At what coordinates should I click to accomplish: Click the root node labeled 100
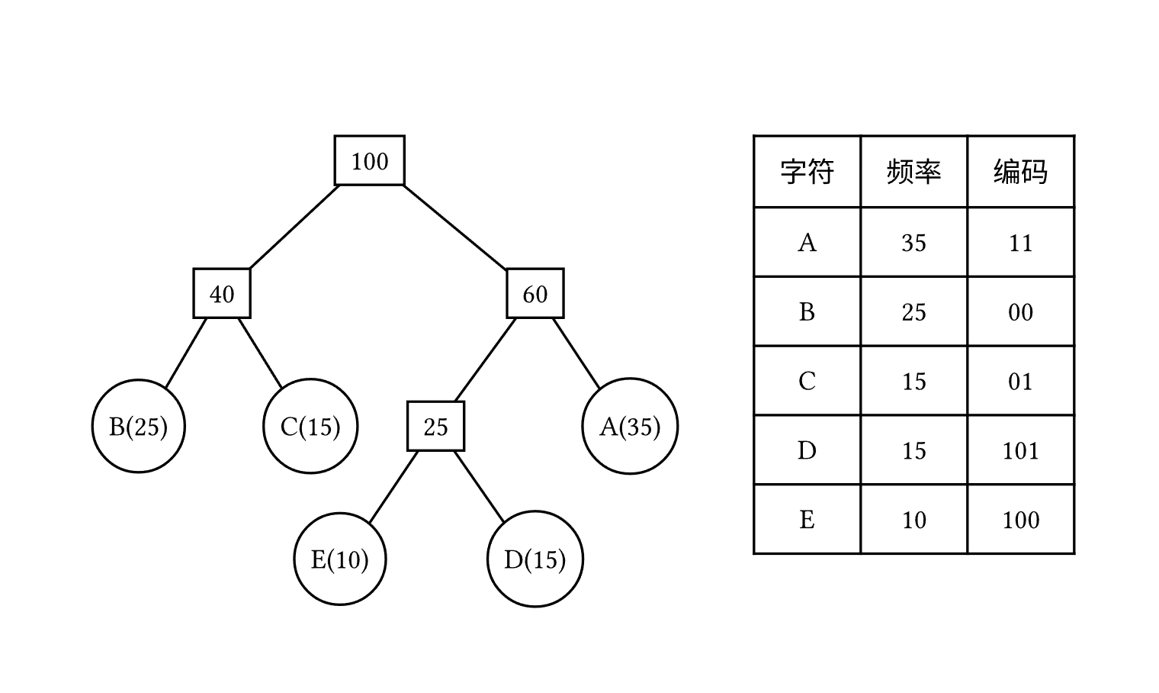370,161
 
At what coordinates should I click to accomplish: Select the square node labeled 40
222,294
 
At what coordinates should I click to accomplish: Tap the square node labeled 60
535,294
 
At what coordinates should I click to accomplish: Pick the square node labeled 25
435,427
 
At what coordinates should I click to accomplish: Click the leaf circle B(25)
139,426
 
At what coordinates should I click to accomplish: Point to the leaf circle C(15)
310,426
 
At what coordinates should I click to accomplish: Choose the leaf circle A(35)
630,426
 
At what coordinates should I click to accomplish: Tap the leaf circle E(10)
340,559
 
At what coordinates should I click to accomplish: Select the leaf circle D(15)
535,559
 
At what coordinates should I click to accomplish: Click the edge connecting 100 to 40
294,227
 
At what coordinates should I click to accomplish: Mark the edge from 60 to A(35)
576,353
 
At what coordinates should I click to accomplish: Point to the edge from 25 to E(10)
393,487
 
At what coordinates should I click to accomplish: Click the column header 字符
807,172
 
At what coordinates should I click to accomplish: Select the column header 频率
913,172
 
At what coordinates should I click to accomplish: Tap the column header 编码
1020,172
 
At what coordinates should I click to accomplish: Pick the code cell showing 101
1020,450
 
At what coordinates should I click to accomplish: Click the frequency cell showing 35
913,243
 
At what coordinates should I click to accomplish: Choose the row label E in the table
807,520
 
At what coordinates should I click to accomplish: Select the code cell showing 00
1020,312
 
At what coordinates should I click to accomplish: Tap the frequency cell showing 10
913,520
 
